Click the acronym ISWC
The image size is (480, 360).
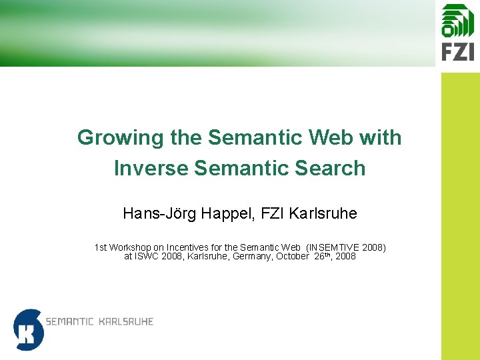tap(150, 256)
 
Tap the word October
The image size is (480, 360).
tap(293, 256)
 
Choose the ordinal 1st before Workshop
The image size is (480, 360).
tap(101, 247)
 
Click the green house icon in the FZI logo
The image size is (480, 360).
tap(457, 20)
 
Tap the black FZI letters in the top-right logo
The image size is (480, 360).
tap(457, 51)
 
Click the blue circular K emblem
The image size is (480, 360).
tap(28, 329)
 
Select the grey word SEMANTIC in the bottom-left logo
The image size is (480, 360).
tap(69, 322)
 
